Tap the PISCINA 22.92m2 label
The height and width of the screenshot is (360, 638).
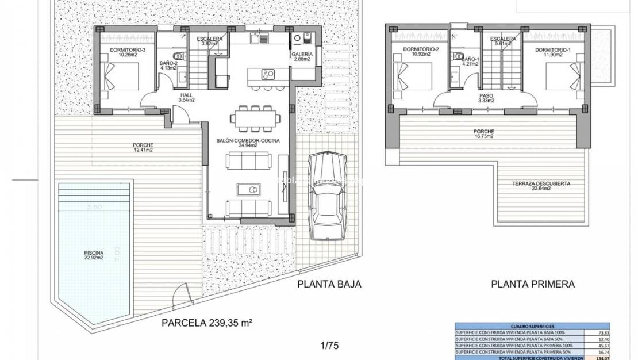[93, 255]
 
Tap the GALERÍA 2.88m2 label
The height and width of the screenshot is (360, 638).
[302, 56]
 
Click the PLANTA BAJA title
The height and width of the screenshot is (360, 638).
[329, 284]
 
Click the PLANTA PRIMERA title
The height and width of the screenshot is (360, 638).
[533, 284]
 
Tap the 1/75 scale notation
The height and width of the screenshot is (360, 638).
[329, 346]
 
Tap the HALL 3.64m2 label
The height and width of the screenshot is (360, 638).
[187, 98]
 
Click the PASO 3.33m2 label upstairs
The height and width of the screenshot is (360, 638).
[486, 98]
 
